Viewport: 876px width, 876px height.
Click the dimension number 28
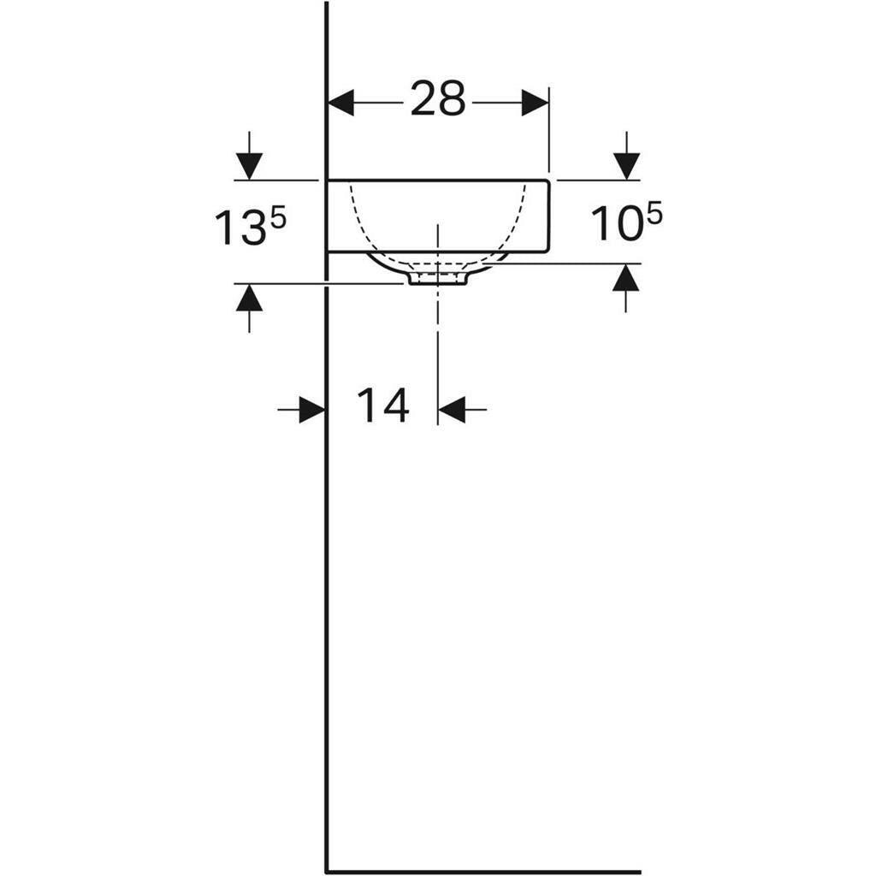pos(437,100)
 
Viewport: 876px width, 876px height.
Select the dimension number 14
pos(382,405)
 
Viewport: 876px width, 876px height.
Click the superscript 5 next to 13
pos(276,216)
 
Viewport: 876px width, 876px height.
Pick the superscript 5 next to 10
pos(654,214)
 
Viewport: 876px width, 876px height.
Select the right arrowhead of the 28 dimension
pos(536,103)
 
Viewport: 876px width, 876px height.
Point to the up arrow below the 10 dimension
pos(626,278)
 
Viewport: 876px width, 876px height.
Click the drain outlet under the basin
pos(437,277)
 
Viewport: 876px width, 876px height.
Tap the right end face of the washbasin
pos(548,216)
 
